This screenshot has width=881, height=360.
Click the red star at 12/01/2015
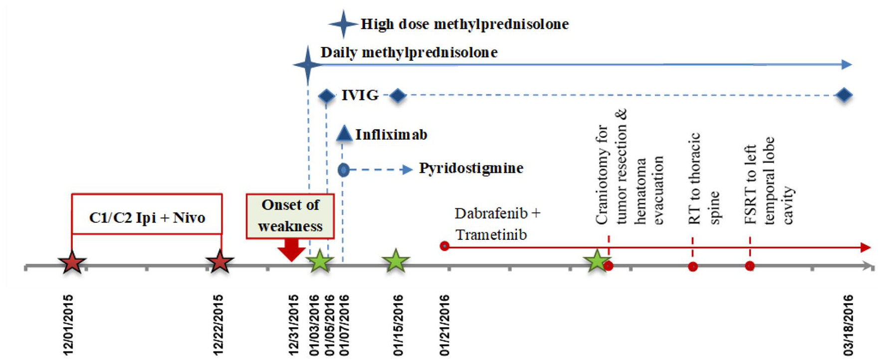(x=72, y=262)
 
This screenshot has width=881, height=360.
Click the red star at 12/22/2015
(x=220, y=262)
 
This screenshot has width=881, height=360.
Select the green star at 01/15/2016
(x=396, y=261)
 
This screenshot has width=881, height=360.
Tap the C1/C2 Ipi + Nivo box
(x=147, y=214)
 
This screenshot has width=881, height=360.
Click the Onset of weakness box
(x=290, y=216)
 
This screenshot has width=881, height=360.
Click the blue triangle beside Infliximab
(x=344, y=133)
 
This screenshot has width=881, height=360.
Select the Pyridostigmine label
(x=471, y=169)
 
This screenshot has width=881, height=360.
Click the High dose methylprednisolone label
(x=464, y=24)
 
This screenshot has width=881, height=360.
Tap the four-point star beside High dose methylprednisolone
(x=343, y=23)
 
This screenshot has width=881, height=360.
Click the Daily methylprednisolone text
(x=409, y=52)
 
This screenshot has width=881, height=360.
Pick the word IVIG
(x=360, y=95)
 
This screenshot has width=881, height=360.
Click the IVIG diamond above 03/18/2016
(x=844, y=95)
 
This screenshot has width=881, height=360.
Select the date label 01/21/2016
(x=444, y=326)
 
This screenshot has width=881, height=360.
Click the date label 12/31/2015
(x=294, y=326)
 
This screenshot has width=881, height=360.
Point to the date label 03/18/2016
(x=849, y=326)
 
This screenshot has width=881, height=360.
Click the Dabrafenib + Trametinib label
(x=497, y=224)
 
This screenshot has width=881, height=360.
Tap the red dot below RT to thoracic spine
(x=692, y=267)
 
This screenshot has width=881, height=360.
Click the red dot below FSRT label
(x=749, y=266)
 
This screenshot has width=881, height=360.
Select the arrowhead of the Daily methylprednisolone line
(x=847, y=64)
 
